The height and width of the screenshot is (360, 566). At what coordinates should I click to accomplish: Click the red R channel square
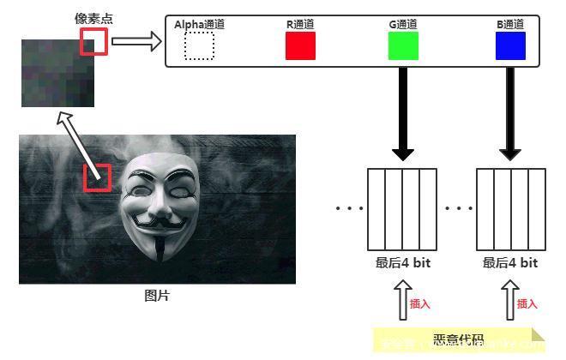coord(300,45)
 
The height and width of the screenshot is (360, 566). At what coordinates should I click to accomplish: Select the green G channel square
coord(403,45)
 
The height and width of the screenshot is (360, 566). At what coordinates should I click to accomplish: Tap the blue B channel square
coord(510,45)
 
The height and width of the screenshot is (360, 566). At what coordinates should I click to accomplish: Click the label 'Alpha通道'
coord(199,25)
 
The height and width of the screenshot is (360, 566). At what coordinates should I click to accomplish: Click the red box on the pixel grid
coord(94,41)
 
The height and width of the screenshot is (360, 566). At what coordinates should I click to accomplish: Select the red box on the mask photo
coord(97,177)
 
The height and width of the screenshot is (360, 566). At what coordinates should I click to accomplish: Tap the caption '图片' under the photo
coord(157,296)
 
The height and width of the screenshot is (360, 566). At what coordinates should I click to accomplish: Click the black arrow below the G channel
coord(403,111)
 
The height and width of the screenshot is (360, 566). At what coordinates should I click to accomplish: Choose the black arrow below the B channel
coord(511,111)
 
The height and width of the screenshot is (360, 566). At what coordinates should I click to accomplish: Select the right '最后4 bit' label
coord(510,263)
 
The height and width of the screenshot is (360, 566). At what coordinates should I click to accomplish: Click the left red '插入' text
coord(419,303)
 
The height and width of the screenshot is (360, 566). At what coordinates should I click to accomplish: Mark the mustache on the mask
coord(160,222)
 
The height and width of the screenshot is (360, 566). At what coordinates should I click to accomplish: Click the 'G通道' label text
coord(403,25)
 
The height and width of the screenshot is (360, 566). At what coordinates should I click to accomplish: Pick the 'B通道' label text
coord(510,25)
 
